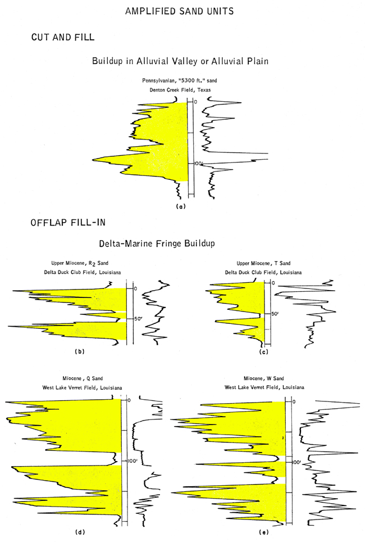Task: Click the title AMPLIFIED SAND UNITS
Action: [x=179, y=11]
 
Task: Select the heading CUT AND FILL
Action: [x=62, y=37]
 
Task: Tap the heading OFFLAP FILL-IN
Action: [x=68, y=222]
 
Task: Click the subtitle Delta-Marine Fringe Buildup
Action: [x=157, y=243]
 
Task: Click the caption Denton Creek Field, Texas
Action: [x=180, y=90]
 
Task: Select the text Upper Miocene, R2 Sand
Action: [x=80, y=263]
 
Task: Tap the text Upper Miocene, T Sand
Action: [x=263, y=263]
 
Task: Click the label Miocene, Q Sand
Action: [x=83, y=378]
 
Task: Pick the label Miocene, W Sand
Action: [x=264, y=378]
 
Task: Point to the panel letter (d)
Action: [x=80, y=532]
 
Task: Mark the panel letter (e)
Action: [x=263, y=532]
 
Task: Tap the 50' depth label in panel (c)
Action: [x=275, y=314]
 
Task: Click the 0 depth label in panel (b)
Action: [x=135, y=288]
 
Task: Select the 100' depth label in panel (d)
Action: [x=133, y=461]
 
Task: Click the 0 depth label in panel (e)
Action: [x=294, y=401]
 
